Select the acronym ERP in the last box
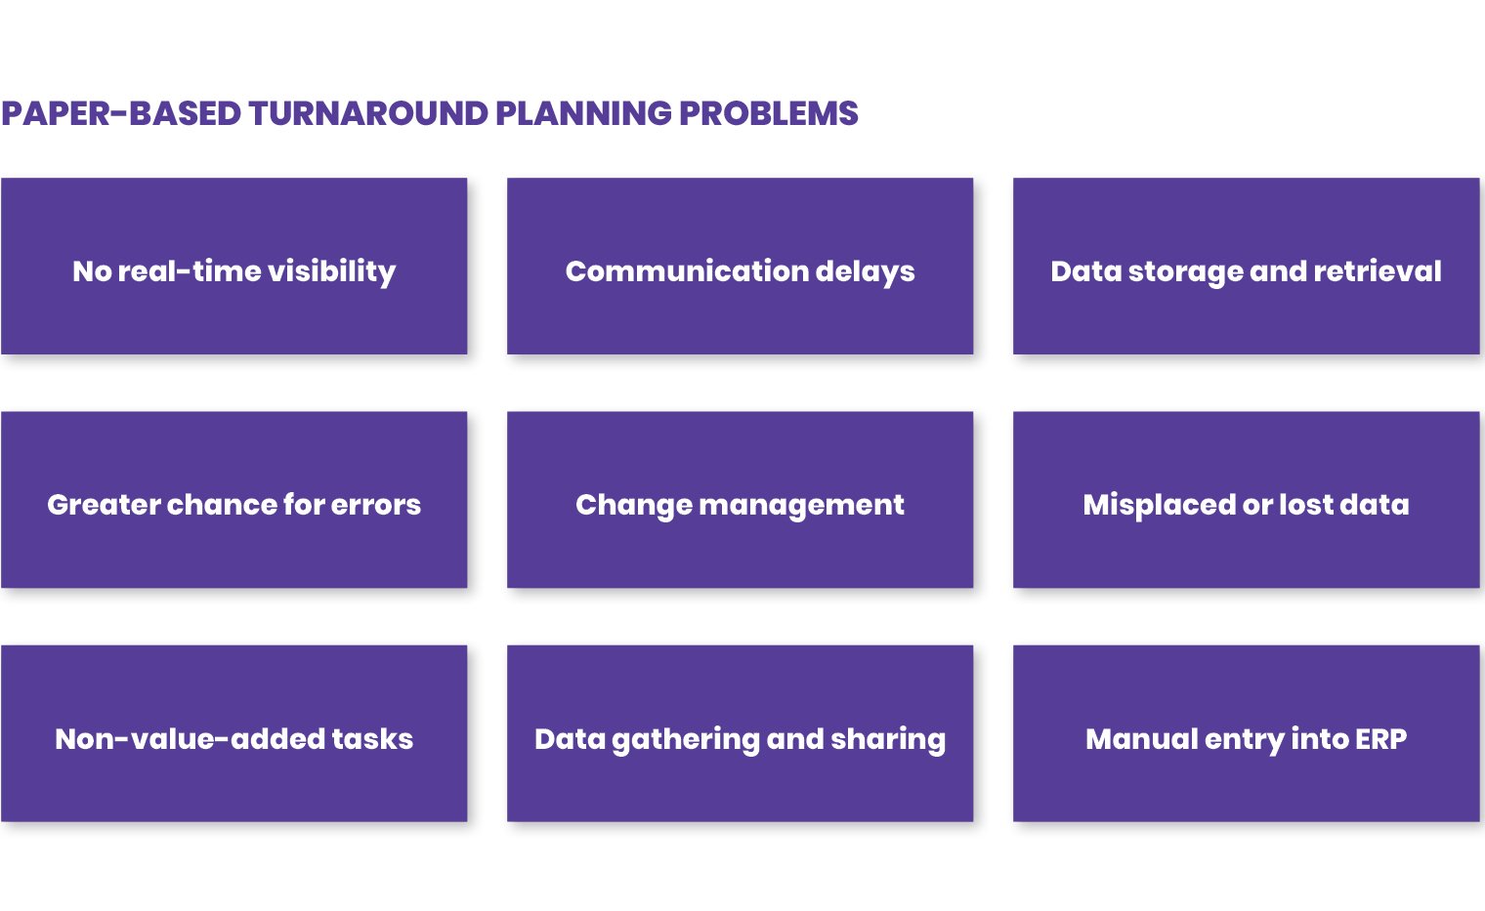pyautogui.click(x=1380, y=739)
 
